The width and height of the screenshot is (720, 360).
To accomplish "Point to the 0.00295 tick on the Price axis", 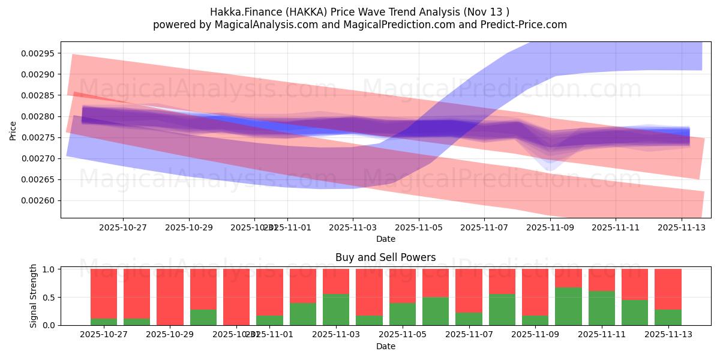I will coord(37,53).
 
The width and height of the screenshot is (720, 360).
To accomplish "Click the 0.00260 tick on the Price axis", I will coord(37,200).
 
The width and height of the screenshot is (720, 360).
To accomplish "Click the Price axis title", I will coord(13,130).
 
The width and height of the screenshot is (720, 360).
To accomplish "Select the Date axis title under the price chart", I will coord(385,239).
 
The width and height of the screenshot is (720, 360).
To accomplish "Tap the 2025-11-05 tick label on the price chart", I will coord(418,227).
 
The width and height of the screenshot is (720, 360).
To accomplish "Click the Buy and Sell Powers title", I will coord(385,257).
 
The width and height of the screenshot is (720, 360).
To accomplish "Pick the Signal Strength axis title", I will coord(34,296).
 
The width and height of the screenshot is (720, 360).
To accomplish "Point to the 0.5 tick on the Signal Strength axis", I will coord(50,297).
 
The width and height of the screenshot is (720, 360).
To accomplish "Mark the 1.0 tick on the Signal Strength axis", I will coord(50,269).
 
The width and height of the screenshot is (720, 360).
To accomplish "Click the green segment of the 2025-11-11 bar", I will coord(601,308).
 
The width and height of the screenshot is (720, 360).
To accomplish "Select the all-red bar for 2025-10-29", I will coord(170,297).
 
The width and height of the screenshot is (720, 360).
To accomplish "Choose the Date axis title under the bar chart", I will coord(385,346).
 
